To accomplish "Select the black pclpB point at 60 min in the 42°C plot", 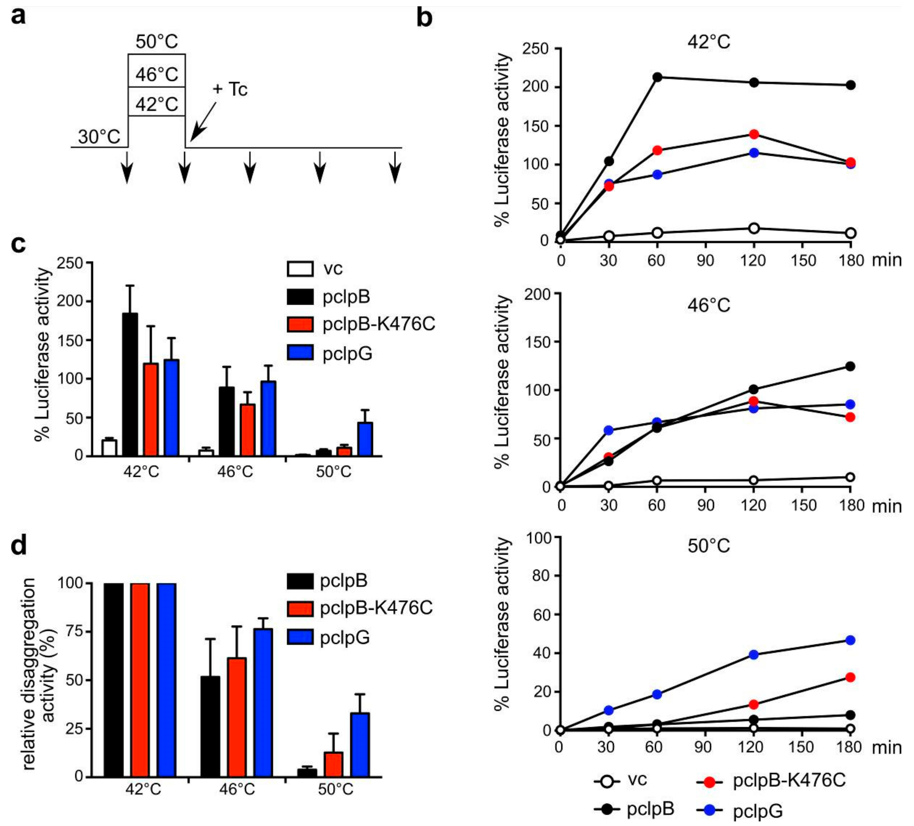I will point(657,77).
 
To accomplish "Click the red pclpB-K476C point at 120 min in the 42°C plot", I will point(754,134).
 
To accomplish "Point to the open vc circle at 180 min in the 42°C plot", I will point(851,233).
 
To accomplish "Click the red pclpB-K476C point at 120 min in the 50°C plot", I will point(753,704).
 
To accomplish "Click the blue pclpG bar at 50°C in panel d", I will point(360,745).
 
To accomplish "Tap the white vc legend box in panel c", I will point(300,268).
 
